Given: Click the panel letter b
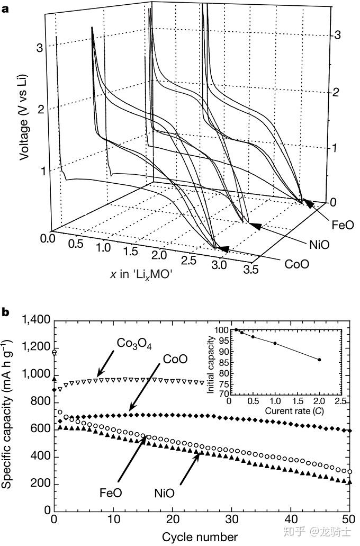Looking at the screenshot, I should tap(6, 312).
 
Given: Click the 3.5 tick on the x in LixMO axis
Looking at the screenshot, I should tap(251, 270).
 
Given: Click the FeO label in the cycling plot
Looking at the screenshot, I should tap(111, 492).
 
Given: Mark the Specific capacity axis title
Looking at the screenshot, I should tap(8, 416).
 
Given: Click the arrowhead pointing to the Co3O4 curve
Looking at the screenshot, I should tap(98, 377).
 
